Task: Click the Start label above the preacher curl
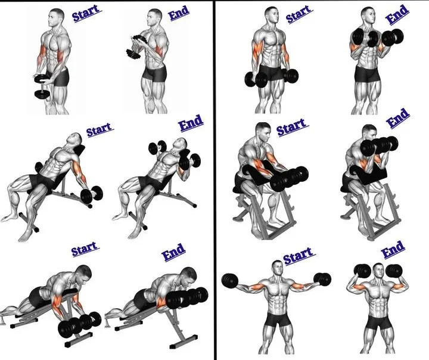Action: tap(291, 127)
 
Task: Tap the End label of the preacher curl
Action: tap(398, 118)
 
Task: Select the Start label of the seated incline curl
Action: tap(100, 129)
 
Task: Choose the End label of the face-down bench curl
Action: tap(173, 252)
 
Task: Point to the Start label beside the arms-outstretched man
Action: tap(297, 257)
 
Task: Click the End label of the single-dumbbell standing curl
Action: tap(178, 14)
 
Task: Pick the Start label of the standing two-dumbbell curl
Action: tap(298, 15)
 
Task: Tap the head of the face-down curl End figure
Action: tap(188, 275)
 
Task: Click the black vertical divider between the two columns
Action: tap(214, 179)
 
